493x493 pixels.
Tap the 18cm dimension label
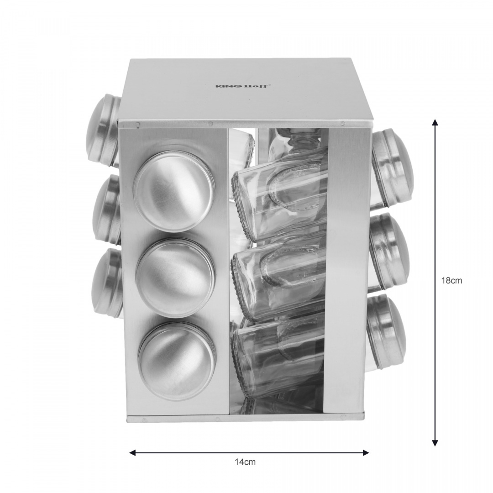tap(451, 281)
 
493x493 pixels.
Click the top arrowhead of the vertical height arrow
tap(435, 123)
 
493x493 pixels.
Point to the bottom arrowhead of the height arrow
tap(435, 442)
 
